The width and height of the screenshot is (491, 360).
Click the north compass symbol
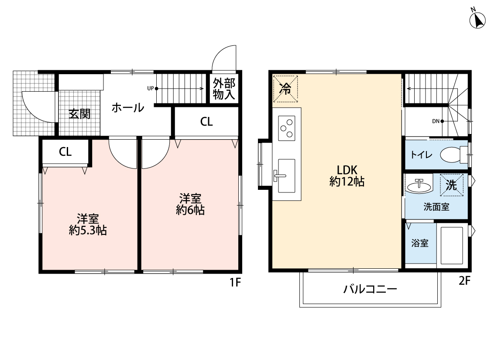[x=477, y=20]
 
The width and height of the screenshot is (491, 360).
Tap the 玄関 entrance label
[x=79, y=114]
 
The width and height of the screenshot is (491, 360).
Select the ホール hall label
[x=127, y=108]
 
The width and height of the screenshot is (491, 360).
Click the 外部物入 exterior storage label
[x=224, y=89]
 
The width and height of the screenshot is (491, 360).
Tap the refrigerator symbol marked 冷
[x=286, y=89]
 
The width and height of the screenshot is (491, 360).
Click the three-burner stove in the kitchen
[x=287, y=128]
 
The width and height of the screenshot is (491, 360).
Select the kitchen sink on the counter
[x=286, y=175]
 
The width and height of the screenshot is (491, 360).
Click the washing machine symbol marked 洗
[x=451, y=185]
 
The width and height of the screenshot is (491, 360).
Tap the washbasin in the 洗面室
[x=419, y=186]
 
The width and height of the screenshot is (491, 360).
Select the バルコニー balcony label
[x=370, y=289]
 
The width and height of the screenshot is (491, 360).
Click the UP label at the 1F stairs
[x=150, y=88]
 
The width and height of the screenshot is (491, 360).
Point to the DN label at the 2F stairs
[x=436, y=121]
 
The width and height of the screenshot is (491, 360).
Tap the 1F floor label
[x=235, y=282]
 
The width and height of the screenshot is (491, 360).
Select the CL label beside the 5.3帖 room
[x=65, y=152]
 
